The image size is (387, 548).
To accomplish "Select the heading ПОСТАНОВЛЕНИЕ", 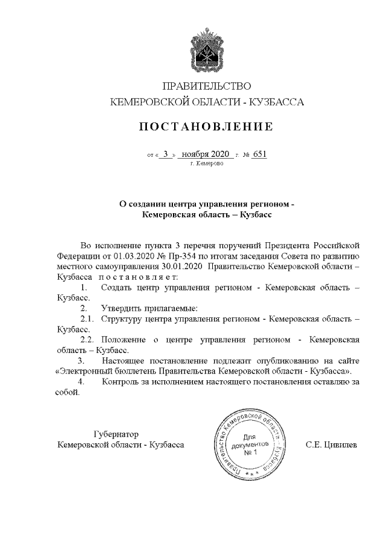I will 206,127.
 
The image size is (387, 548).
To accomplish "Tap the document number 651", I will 259,154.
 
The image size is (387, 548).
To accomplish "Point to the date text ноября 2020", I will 206,154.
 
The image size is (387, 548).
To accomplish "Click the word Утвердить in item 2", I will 122,307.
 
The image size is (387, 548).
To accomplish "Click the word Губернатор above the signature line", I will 116,434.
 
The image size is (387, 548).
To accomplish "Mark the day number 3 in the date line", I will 165,154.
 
